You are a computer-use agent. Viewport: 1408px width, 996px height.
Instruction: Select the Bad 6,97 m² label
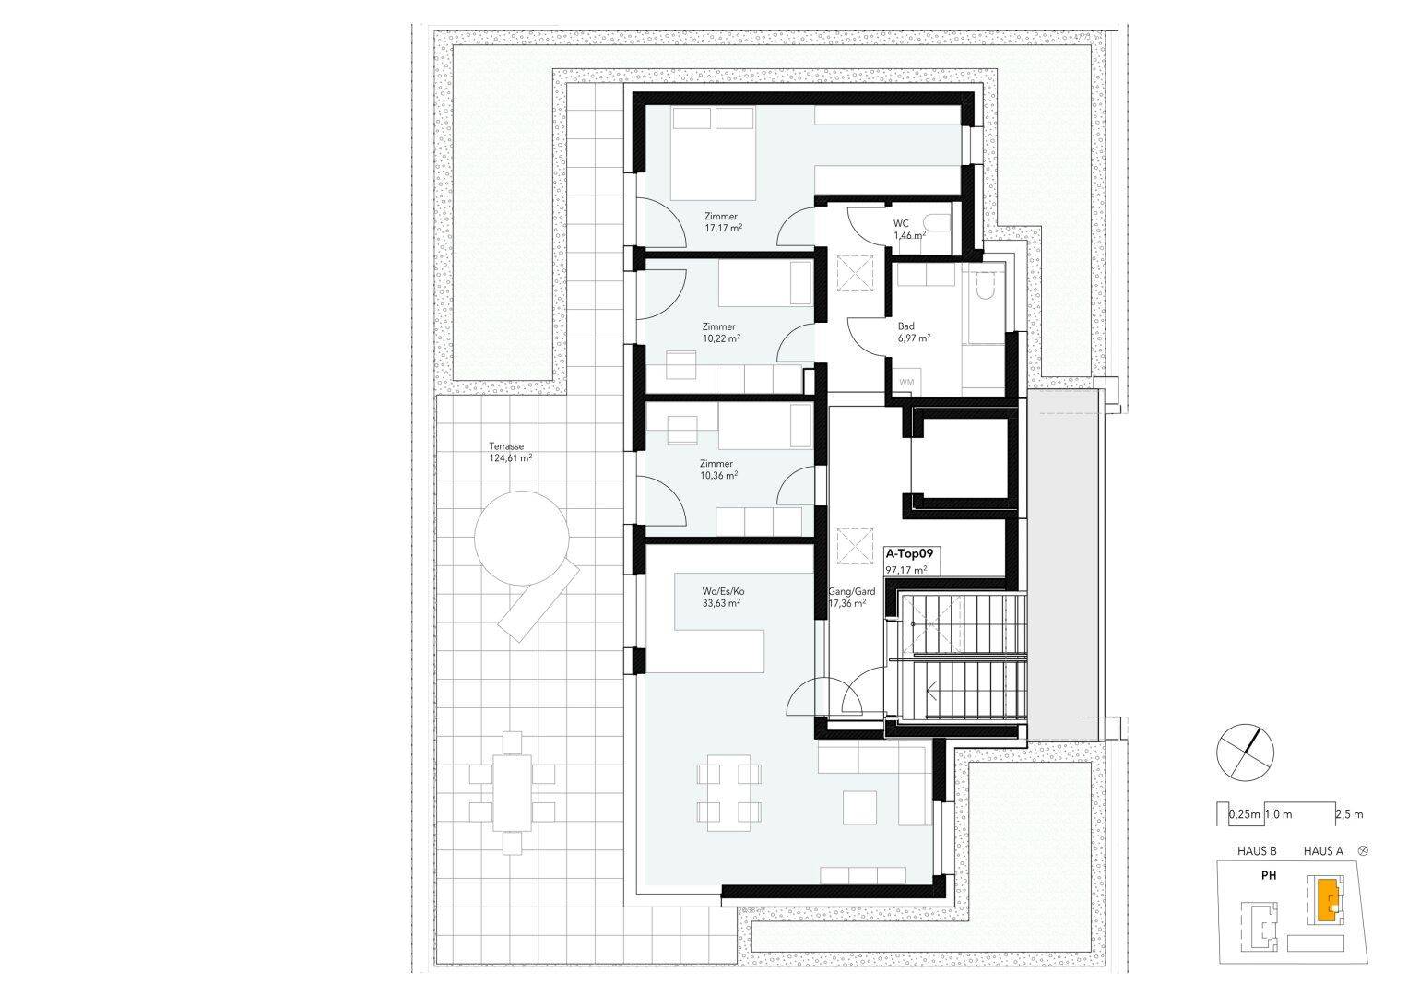pyautogui.click(x=913, y=332)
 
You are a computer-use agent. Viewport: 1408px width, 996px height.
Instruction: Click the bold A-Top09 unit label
pyautogui.click(x=910, y=554)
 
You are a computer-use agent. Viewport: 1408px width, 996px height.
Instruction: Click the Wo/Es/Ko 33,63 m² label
pyautogui.click(x=722, y=597)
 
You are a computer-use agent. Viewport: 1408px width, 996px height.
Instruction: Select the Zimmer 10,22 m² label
pyautogui.click(x=719, y=332)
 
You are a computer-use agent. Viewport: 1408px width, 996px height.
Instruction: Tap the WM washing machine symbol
pyautogui.click(x=905, y=382)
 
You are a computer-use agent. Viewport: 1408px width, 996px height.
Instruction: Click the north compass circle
pyautogui.click(x=1245, y=751)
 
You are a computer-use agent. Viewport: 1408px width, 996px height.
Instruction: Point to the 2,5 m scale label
pyautogui.click(x=1349, y=814)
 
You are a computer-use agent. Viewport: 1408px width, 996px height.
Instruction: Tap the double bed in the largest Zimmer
pyautogui.click(x=713, y=153)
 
